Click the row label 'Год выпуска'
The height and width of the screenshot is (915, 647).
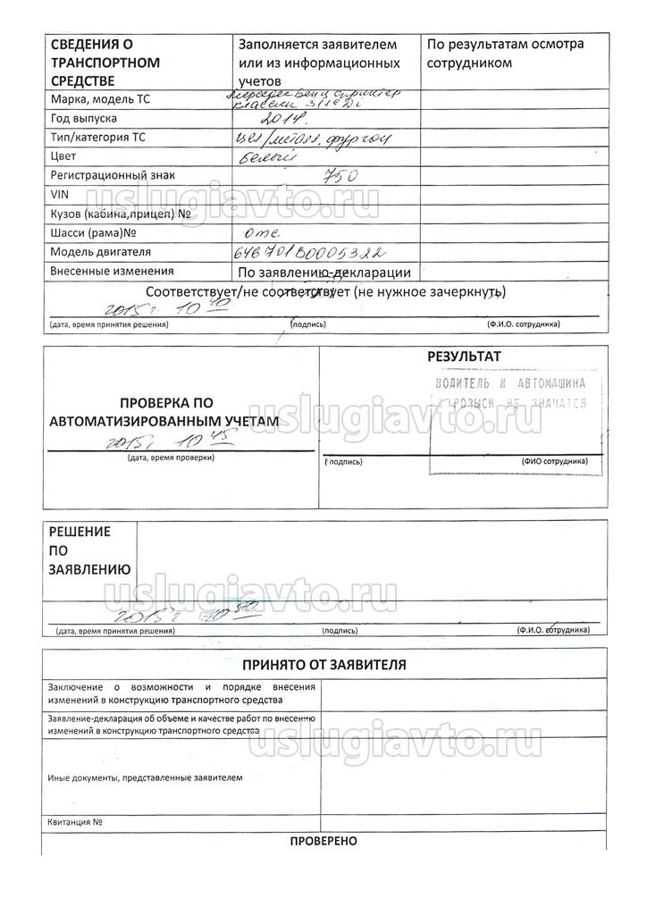point(84,119)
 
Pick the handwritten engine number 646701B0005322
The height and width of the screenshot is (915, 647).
point(309,253)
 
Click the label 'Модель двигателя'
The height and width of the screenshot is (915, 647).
point(101,252)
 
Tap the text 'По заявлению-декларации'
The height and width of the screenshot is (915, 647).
point(324,273)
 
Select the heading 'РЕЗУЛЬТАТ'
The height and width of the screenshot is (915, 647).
point(464,356)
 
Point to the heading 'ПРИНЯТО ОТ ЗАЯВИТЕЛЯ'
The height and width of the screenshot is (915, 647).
point(324,665)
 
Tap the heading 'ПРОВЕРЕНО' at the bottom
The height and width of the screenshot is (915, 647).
point(323,842)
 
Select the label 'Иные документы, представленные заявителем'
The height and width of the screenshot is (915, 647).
point(145,777)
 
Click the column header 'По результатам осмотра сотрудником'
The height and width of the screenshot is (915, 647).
point(505,53)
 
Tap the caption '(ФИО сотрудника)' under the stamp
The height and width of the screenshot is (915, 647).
point(553,461)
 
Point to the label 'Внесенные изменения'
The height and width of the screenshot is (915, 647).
point(112,271)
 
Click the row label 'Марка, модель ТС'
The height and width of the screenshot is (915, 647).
point(100,99)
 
